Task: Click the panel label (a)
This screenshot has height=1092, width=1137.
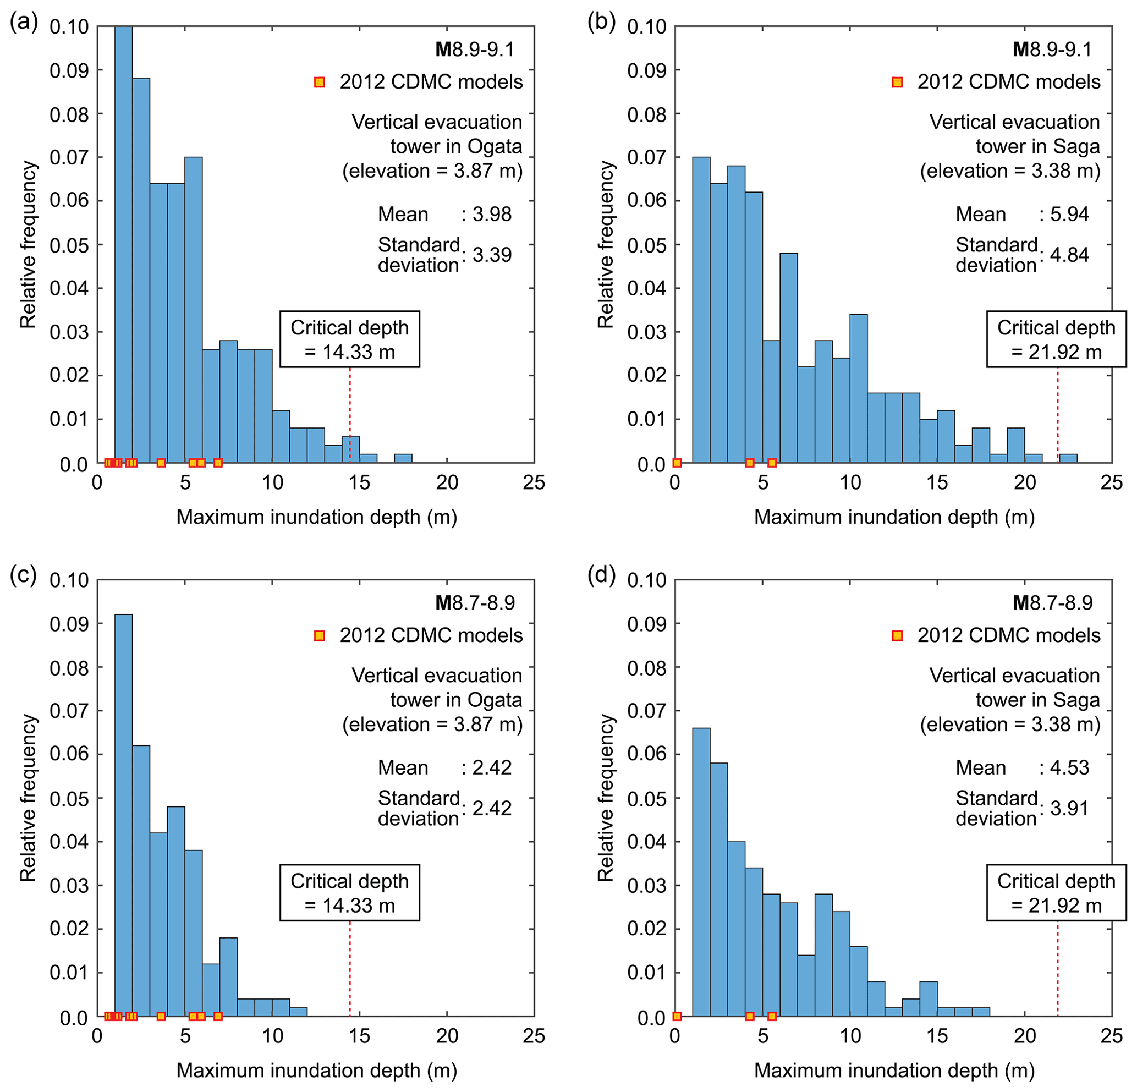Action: click(x=23, y=23)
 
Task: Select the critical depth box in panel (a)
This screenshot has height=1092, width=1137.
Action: click(x=349, y=339)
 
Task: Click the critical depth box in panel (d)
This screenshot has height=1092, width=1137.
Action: click(x=1056, y=893)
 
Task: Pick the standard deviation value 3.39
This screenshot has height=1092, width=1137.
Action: click(x=492, y=255)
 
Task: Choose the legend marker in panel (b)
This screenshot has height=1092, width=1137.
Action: click(x=897, y=83)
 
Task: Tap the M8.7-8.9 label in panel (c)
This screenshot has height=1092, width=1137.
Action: click(x=475, y=603)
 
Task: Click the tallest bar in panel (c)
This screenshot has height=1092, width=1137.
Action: click(x=124, y=813)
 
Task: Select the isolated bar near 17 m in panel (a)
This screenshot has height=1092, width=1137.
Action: click(x=403, y=458)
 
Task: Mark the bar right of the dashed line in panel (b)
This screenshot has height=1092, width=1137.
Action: click(x=1069, y=458)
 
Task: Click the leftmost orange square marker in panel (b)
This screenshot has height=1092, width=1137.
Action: click(x=677, y=463)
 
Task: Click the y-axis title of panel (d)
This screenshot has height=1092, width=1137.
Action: click(x=605, y=798)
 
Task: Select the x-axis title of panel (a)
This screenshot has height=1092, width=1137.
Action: click(x=316, y=517)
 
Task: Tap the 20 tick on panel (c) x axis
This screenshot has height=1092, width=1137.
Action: click(x=447, y=1036)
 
